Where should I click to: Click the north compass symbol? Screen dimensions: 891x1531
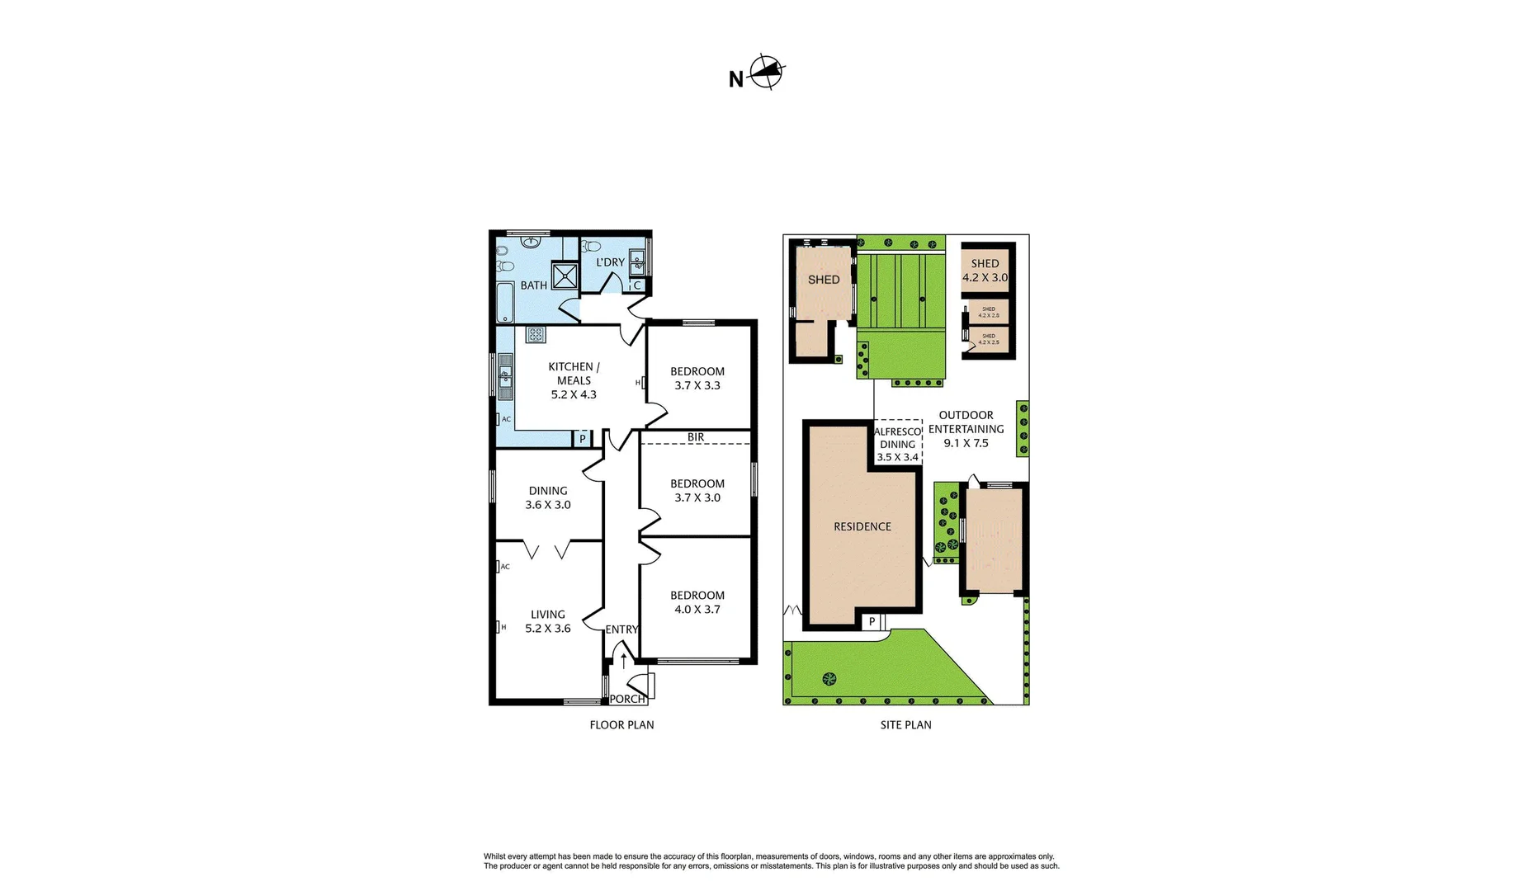[x=767, y=73]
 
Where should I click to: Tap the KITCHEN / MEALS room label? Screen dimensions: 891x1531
[x=574, y=374]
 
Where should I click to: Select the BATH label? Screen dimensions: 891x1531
[x=533, y=285]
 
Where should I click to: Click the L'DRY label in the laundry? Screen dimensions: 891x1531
[x=611, y=262]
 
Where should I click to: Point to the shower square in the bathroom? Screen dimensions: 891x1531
[x=565, y=276]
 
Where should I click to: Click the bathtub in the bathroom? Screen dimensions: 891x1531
[x=505, y=303]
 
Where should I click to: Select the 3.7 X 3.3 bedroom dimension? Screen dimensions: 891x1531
[x=697, y=385]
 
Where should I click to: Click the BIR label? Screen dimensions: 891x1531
[x=696, y=437]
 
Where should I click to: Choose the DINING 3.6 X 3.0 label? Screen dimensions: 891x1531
[x=548, y=497]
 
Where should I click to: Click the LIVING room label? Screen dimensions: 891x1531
[x=548, y=615]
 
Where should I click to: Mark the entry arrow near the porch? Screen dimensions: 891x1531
[x=623, y=659]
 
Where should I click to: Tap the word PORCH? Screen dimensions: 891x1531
[x=627, y=699]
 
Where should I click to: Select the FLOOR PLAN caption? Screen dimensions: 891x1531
[x=621, y=725]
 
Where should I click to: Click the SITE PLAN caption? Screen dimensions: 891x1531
[x=905, y=725]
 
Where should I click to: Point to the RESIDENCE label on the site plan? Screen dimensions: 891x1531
[x=862, y=526]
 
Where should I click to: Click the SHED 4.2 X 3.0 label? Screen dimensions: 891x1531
[x=985, y=271]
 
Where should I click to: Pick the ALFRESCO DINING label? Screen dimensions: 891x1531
[x=897, y=444]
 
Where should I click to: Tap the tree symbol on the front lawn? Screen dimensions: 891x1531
[x=829, y=679]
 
